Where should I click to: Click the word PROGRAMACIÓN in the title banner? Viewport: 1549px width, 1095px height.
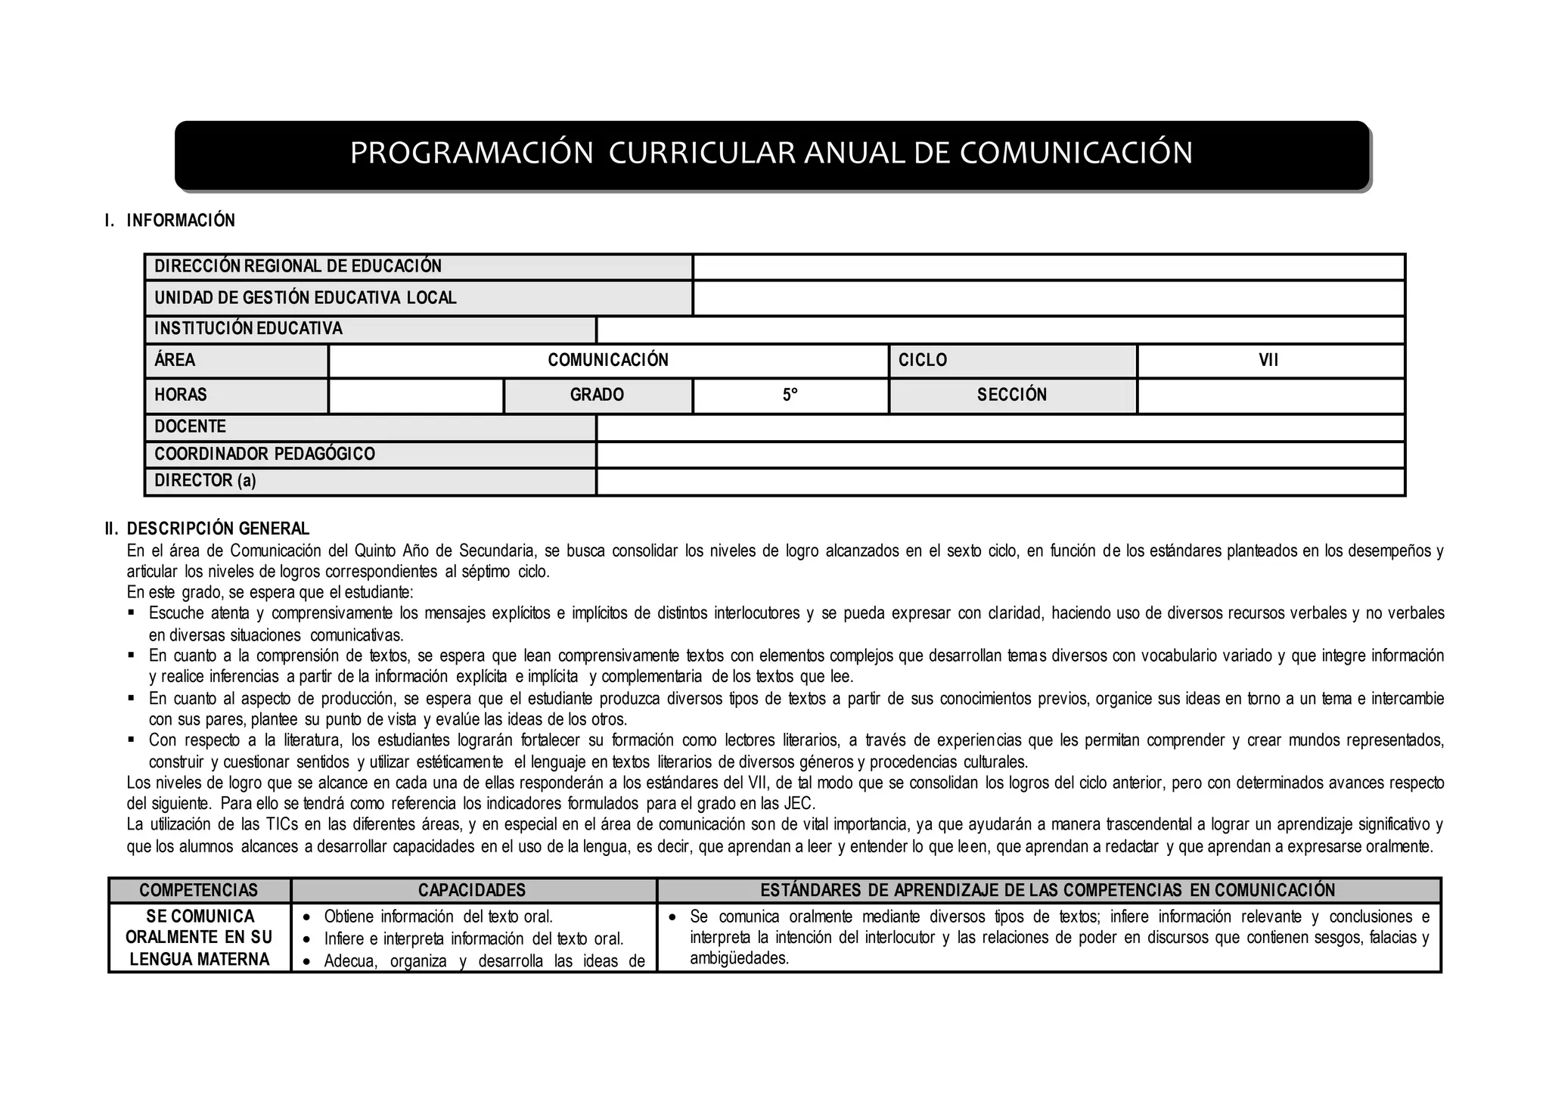click(471, 154)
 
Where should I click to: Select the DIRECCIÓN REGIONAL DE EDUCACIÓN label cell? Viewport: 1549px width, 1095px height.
click(298, 266)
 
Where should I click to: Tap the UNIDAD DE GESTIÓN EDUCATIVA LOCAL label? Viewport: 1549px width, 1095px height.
click(306, 298)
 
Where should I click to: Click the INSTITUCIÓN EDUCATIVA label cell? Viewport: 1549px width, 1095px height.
click(248, 329)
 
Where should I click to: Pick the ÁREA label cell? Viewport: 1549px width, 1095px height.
click(175, 361)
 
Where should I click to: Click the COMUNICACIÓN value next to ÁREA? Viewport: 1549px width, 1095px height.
click(608, 361)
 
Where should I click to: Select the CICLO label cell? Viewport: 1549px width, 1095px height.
click(923, 361)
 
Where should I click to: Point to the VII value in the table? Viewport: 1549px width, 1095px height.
click(1268, 361)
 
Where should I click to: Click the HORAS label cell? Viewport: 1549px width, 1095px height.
click(181, 396)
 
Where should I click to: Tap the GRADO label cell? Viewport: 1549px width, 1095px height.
click(597, 396)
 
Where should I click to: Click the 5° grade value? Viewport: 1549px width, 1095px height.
click(790, 396)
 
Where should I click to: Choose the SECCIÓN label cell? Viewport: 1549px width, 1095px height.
click(1012, 396)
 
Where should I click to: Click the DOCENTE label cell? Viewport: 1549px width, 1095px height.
click(190, 427)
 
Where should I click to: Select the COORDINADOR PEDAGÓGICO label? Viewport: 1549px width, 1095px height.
click(265, 454)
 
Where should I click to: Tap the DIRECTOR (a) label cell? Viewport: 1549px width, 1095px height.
click(205, 481)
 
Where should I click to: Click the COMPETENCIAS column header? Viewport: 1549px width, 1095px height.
click(199, 891)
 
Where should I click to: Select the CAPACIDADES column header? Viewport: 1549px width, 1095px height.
click(472, 891)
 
